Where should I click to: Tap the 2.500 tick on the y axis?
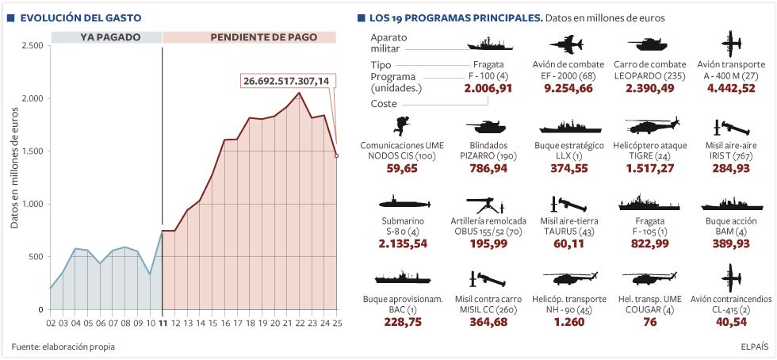point(31,45)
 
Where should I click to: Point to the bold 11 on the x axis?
point(163,323)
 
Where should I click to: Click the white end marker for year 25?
point(336,155)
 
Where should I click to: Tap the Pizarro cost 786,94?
point(488,168)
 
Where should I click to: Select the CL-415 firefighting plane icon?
point(731,278)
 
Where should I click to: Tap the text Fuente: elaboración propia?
point(63,347)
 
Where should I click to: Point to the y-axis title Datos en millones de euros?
point(14,170)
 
